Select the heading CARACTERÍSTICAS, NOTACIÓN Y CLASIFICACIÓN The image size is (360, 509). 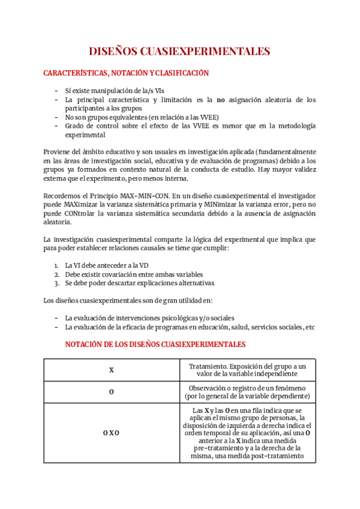tap(126, 73)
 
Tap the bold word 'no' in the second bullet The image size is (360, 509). tap(221, 100)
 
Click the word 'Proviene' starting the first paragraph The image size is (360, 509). tap(58, 152)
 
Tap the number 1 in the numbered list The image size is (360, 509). tap(55, 265)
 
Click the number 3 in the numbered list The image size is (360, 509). tap(55, 283)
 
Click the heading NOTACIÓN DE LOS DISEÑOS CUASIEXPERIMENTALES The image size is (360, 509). tap(155, 345)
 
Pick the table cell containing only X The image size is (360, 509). tap(112, 370)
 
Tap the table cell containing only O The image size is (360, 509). tap(112, 392)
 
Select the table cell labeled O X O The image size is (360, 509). tap(112, 432)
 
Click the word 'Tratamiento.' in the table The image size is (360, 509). tap(208, 366)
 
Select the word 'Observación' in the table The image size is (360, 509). tap(209, 388)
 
